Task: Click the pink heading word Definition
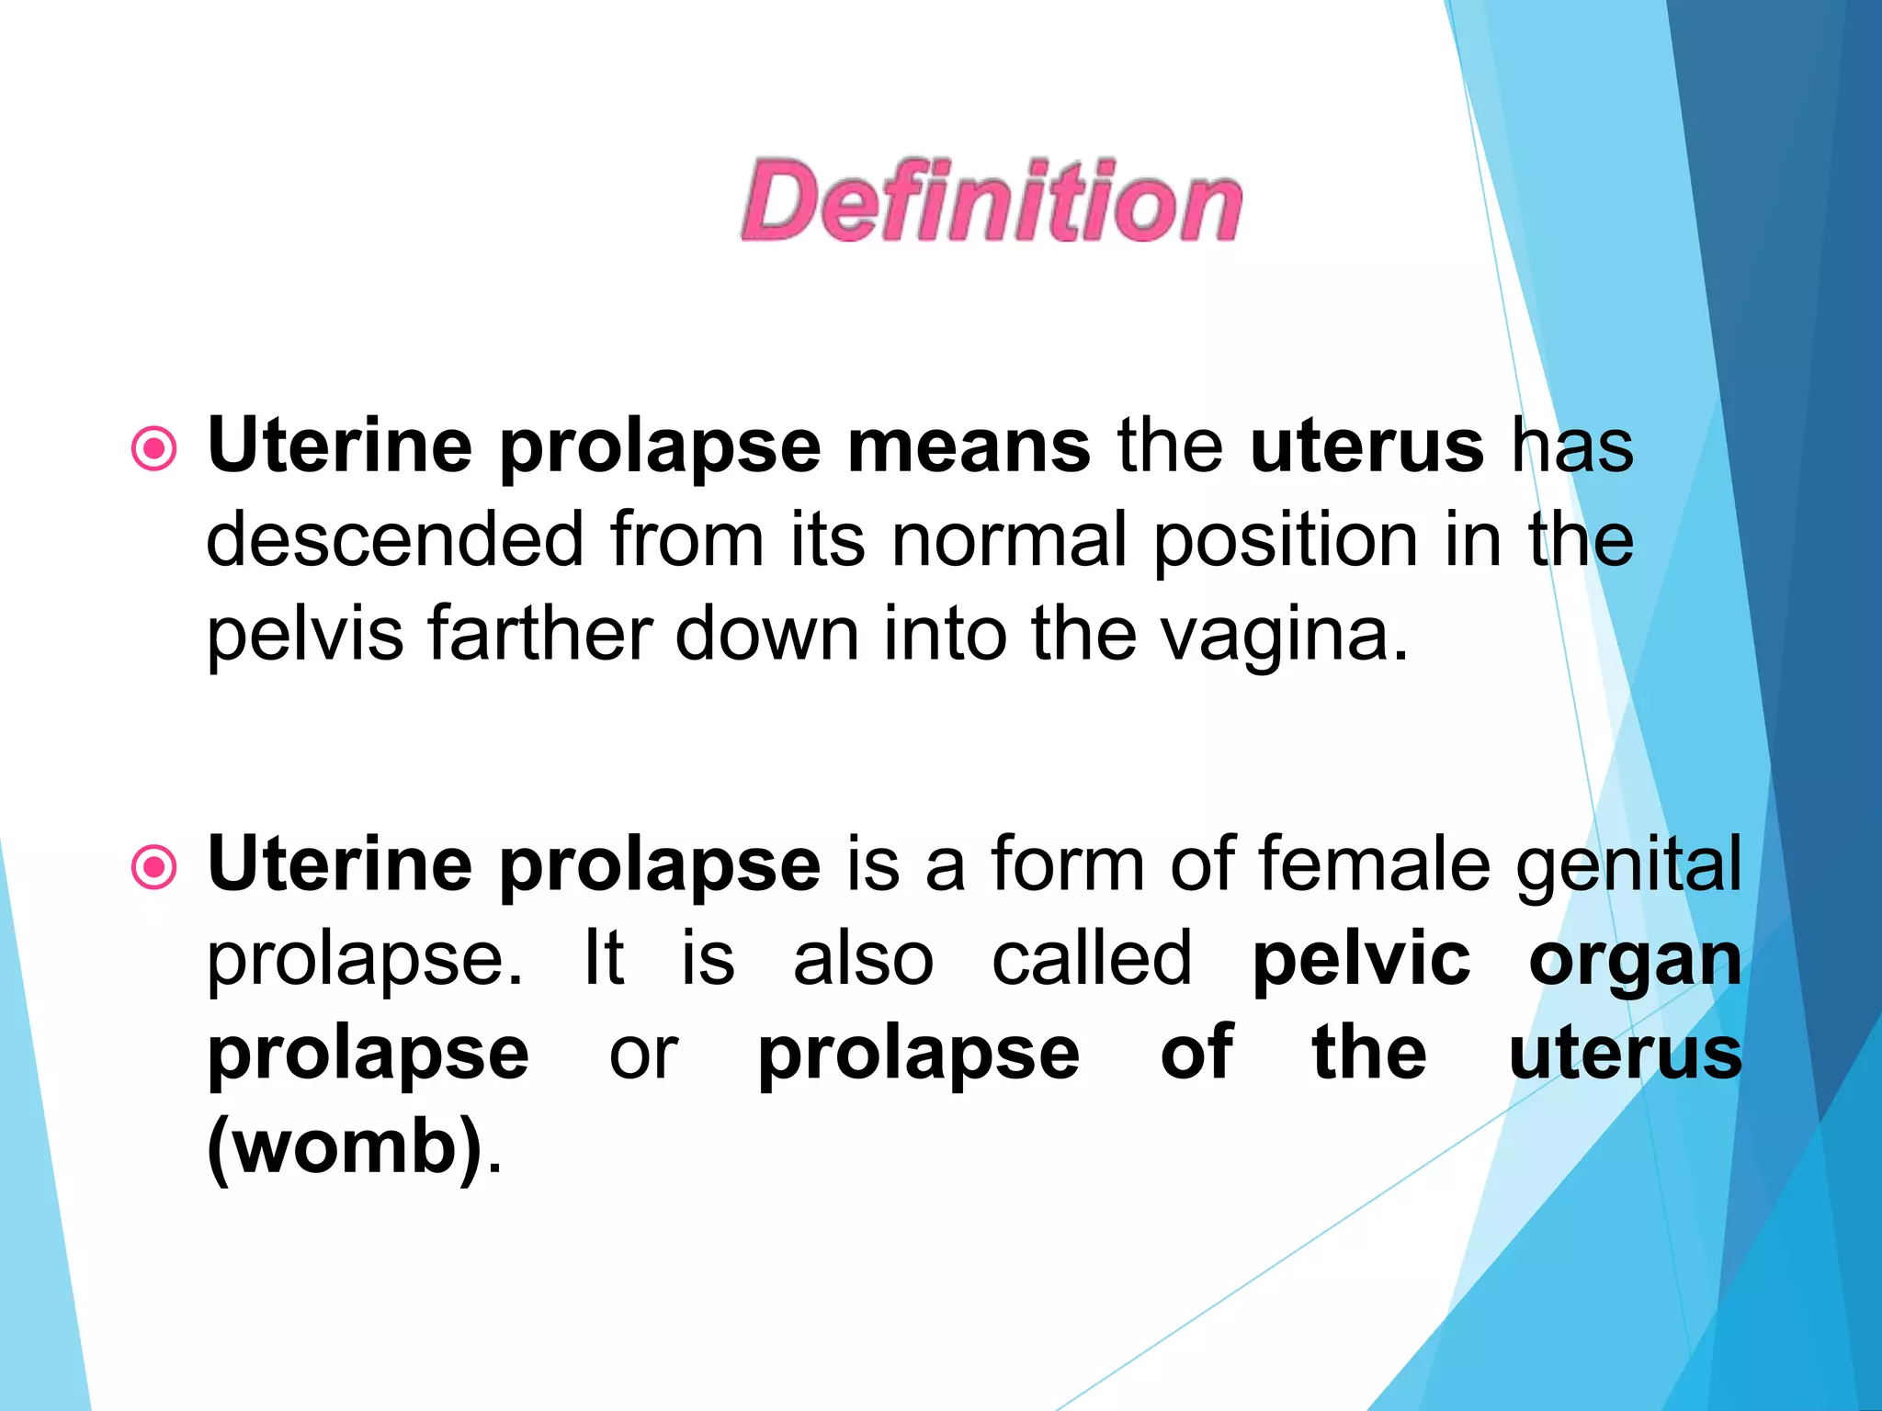coord(992,201)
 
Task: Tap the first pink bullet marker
coord(153,449)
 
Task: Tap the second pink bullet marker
coord(153,867)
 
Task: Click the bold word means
coord(969,446)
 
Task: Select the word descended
coord(395,540)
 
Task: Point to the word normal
coord(1009,540)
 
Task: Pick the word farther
coord(540,633)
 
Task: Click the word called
coord(1092,959)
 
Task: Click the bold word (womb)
coord(346,1148)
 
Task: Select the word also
coord(863,959)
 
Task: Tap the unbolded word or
coord(643,1055)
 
